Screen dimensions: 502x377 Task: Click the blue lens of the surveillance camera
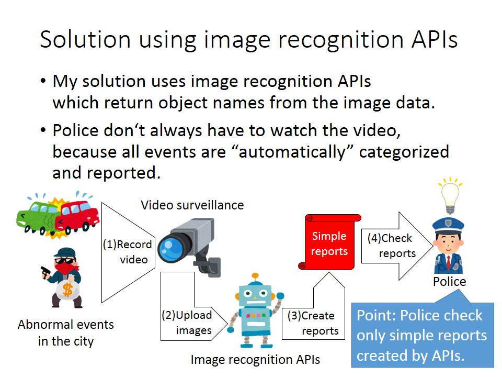click(172, 246)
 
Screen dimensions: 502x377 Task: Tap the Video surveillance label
click(192, 205)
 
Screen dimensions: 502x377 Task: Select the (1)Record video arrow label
click(127, 251)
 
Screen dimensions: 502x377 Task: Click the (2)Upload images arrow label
click(187, 323)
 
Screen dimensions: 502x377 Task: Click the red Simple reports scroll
click(329, 243)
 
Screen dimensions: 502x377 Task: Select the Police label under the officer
click(449, 282)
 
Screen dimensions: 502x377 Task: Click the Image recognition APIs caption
click(255, 360)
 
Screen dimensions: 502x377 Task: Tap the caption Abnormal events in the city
click(66, 333)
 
